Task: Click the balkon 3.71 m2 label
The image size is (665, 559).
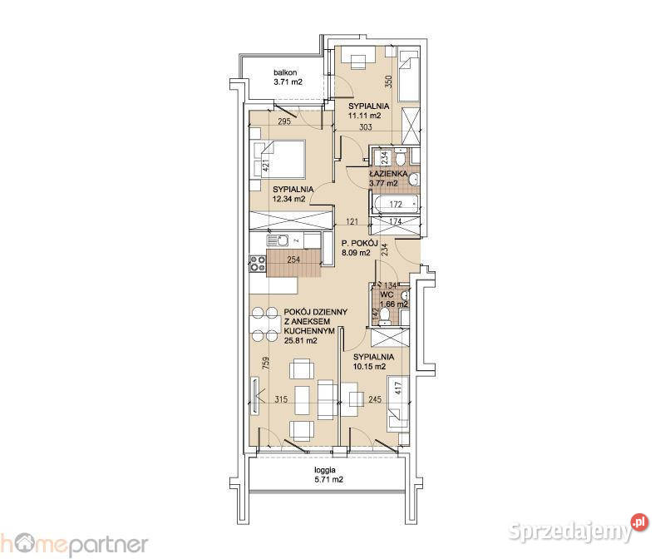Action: point(288,77)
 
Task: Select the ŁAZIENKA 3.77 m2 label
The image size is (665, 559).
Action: point(387,178)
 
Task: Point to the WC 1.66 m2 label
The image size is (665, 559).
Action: point(393,299)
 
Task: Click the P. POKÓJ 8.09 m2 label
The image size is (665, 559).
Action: point(360,248)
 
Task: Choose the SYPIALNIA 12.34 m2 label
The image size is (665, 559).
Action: point(293,194)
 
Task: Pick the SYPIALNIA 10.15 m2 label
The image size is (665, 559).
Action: point(373,362)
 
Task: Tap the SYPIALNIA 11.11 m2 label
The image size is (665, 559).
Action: point(368,111)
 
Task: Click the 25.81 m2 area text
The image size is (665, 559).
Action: point(301,340)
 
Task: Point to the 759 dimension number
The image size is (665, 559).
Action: point(265,363)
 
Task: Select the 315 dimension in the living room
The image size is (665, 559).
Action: point(281,399)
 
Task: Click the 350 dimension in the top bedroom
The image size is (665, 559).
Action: point(388,82)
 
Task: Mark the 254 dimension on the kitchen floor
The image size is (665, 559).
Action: point(293,260)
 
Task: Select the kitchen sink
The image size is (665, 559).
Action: point(277,240)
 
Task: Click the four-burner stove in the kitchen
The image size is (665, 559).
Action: point(258,263)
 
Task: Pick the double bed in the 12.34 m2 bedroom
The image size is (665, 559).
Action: point(279,159)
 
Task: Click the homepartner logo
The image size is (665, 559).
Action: point(74,544)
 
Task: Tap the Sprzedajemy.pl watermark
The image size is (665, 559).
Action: point(579,529)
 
